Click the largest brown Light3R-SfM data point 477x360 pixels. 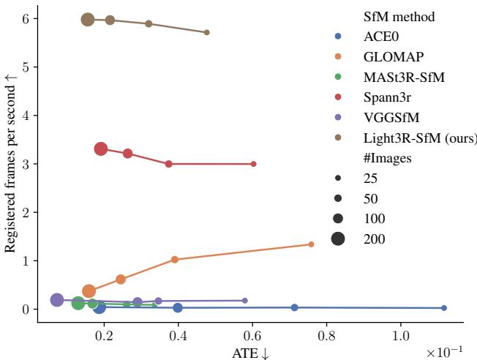pos(88,20)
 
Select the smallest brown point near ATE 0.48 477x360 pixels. pos(207,32)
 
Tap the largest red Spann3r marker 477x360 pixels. pos(101,149)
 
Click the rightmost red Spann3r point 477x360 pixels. pos(253,164)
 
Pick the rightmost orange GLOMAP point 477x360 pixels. pos(311,244)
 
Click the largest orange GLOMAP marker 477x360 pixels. pos(89,291)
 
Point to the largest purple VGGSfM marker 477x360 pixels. pos(57,300)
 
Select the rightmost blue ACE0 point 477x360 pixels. pos(444,308)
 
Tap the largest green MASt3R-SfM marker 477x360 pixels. pos(78,303)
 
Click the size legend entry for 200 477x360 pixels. pos(374,239)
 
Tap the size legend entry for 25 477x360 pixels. pos(371,178)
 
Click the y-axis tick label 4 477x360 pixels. pos(26,116)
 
